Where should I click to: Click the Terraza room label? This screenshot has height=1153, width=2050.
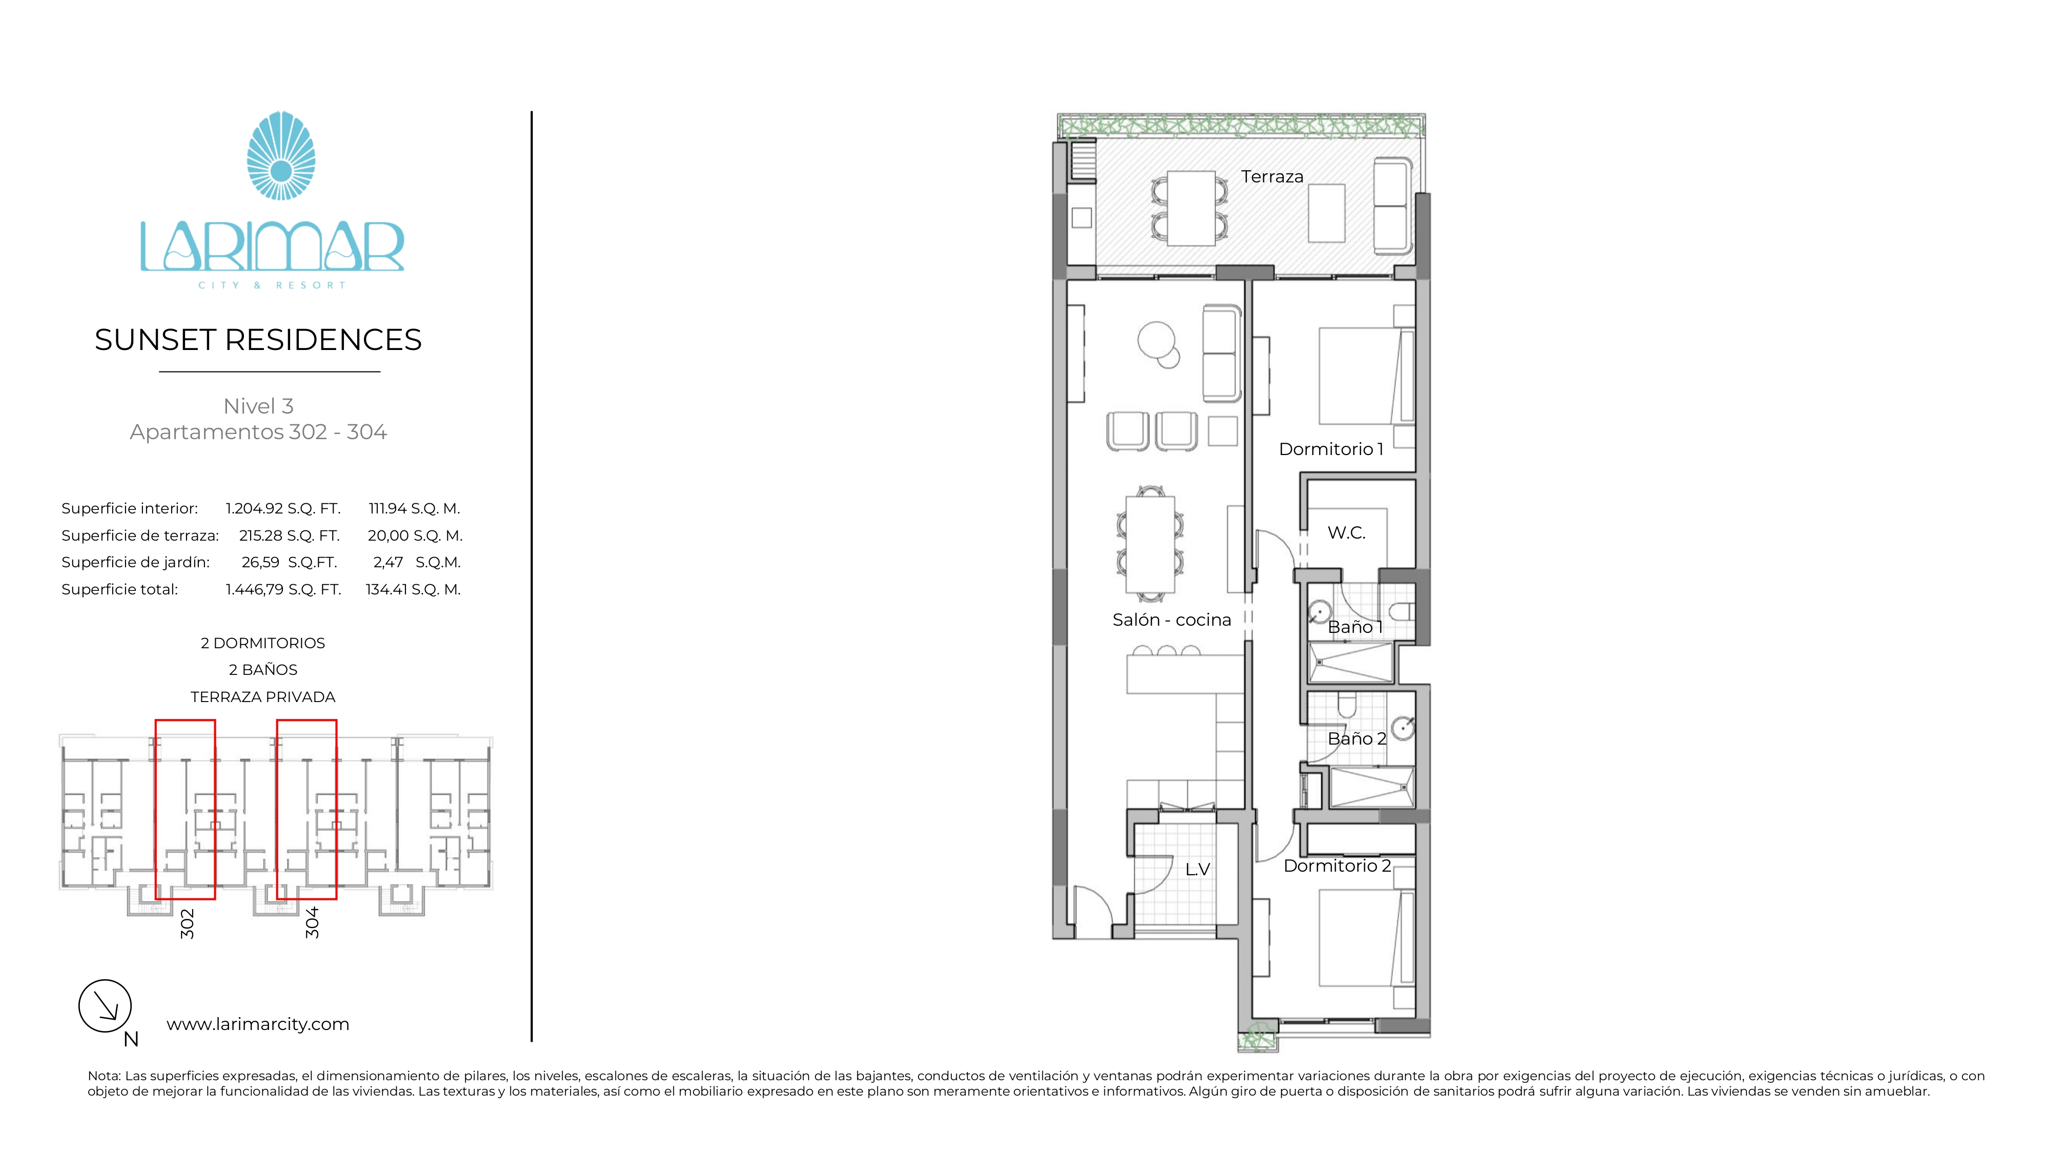[1272, 177]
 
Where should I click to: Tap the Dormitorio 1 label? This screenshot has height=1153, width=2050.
[1330, 449]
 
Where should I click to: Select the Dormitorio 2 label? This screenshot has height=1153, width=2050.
[1337, 866]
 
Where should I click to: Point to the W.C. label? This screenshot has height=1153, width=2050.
[1346, 533]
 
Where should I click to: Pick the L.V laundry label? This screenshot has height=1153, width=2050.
[1197, 870]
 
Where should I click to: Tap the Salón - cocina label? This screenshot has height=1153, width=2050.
[1172, 620]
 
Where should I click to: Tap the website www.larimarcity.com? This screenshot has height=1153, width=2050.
[258, 1024]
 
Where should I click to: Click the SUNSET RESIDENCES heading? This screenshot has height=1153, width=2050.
[258, 340]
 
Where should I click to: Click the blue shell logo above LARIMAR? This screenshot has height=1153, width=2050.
[281, 156]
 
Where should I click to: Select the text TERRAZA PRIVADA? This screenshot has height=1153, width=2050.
[262, 697]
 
